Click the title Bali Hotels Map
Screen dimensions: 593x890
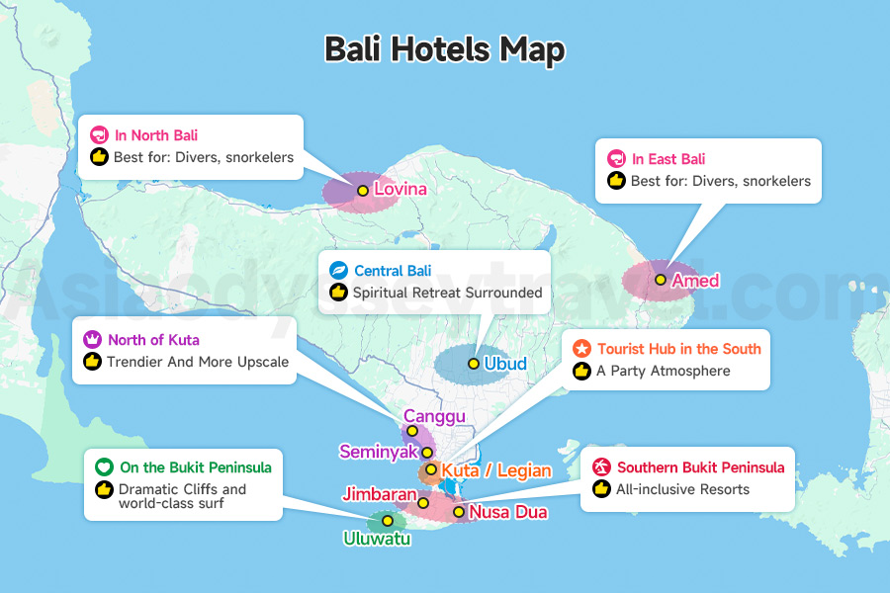point(444,49)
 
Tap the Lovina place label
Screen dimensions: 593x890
point(400,189)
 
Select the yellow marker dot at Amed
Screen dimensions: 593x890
point(661,280)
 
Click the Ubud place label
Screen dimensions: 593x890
point(505,364)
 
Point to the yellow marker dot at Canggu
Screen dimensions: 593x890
point(412,431)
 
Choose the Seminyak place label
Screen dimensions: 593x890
point(378,452)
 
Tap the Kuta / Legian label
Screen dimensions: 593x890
point(496,470)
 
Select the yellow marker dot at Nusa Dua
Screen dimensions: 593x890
point(459,512)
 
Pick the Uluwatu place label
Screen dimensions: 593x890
point(377,539)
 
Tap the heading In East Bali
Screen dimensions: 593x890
point(668,158)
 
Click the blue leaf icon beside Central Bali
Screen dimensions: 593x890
point(338,270)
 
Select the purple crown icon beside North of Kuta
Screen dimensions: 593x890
point(92,340)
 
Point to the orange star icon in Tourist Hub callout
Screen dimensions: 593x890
point(581,349)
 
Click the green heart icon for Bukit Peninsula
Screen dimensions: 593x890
point(104,467)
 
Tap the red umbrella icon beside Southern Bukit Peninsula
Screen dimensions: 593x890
point(601,467)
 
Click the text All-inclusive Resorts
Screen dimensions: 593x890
point(683,489)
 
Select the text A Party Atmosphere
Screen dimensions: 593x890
point(664,371)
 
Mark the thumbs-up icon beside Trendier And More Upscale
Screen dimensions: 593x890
point(92,362)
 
